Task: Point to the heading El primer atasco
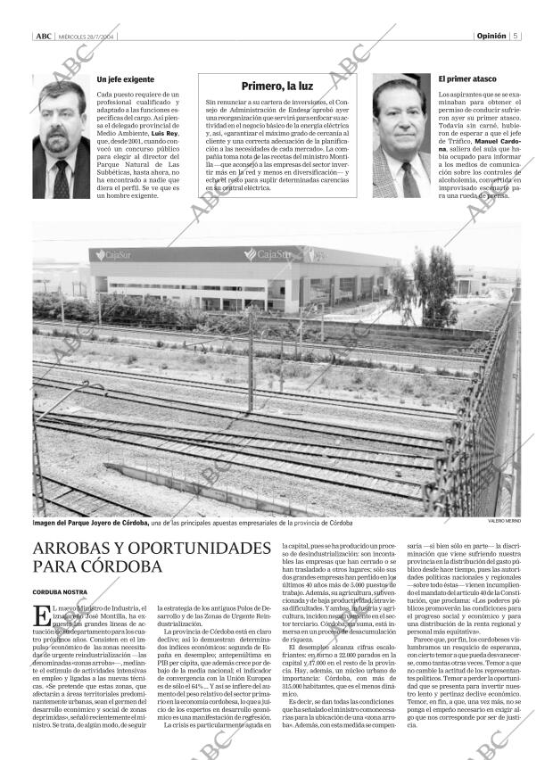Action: point(466,79)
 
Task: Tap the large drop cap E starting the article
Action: point(39,615)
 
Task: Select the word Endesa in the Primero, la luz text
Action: point(318,110)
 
